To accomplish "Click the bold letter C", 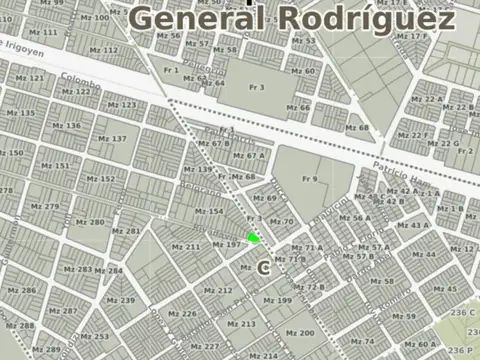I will [263, 268].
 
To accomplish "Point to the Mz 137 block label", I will [111, 139].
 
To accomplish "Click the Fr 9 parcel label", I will [309, 179].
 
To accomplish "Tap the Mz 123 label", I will [121, 105].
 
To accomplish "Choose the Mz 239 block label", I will [120, 300].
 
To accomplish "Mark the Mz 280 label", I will [90, 222].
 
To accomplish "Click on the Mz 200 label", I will [300, 333].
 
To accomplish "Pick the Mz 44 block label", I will [424, 254].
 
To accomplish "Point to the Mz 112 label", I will [103, 50].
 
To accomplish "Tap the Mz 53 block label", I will [302, 41].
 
